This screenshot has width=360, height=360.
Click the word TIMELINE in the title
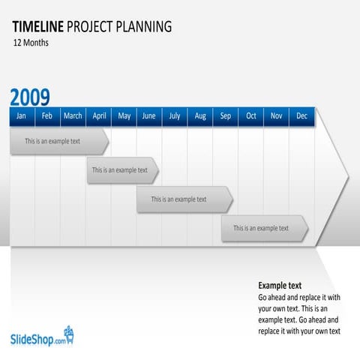pyautogui.click(x=37, y=28)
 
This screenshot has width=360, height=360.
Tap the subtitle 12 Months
pyautogui.click(x=31, y=43)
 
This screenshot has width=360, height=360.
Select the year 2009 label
pyautogui.click(x=30, y=97)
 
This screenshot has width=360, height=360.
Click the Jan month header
pyautogui.click(x=22, y=116)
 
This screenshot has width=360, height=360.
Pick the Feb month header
pyautogui.click(x=47, y=116)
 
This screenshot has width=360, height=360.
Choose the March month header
pyautogui.click(x=73, y=116)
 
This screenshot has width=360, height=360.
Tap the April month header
pyautogui.click(x=99, y=116)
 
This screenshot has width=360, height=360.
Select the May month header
pyautogui.click(x=124, y=116)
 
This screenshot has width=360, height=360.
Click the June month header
pyautogui.click(x=149, y=116)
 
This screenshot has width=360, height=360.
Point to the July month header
pyautogui.click(x=175, y=116)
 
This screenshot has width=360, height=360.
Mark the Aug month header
pyautogui.click(x=200, y=116)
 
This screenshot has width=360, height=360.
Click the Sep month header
pyautogui.click(x=226, y=116)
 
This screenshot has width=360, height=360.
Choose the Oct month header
pyautogui.click(x=251, y=116)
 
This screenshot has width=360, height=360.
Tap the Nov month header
pyautogui.click(x=277, y=116)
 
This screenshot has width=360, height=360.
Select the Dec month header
pyautogui.click(x=302, y=116)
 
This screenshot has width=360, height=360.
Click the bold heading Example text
pyautogui.click(x=280, y=286)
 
